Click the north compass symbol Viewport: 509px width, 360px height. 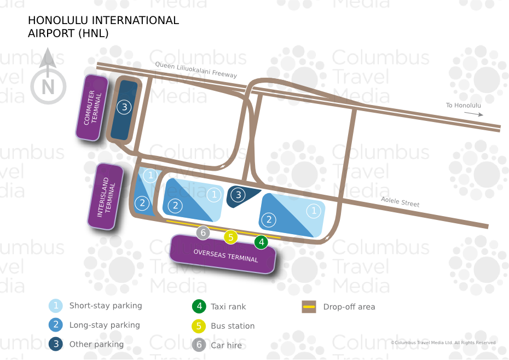coord(48,82)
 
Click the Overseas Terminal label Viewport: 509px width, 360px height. coord(225,255)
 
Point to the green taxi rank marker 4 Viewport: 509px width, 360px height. coord(261,241)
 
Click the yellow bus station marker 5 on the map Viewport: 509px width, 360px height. coord(231,237)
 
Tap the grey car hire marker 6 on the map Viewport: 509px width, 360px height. coord(203,233)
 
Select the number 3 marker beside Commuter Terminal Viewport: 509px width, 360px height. coord(124,107)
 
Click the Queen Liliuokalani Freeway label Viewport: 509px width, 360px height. coord(196,69)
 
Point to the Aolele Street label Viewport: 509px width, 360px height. coord(400,202)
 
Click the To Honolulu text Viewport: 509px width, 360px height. coord(463,105)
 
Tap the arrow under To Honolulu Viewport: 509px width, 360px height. coord(474,114)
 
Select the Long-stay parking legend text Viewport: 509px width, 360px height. coord(105,325)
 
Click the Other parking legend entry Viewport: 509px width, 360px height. coord(96,344)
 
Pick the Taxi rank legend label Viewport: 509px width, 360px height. coord(228,307)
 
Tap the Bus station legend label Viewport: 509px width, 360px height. coord(233,326)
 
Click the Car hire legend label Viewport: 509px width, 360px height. coord(226,345)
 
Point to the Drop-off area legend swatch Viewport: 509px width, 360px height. coord(309,307)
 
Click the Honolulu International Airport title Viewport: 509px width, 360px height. coord(103,26)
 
